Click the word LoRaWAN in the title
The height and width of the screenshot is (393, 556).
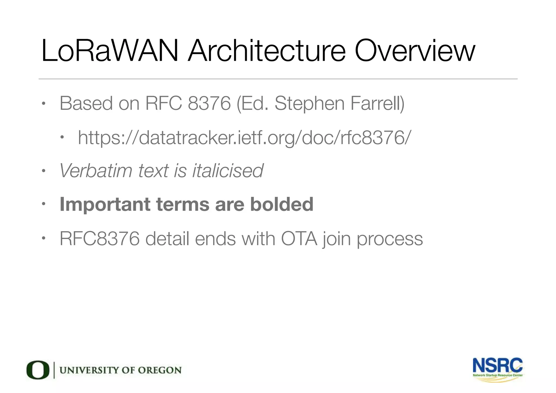(110, 51)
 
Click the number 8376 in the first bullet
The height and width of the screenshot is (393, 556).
(209, 103)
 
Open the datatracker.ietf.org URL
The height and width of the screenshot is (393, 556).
(244, 138)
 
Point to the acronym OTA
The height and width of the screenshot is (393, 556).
(299, 239)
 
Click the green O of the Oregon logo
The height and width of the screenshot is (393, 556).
(38, 370)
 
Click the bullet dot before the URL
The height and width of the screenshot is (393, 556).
(62, 137)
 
